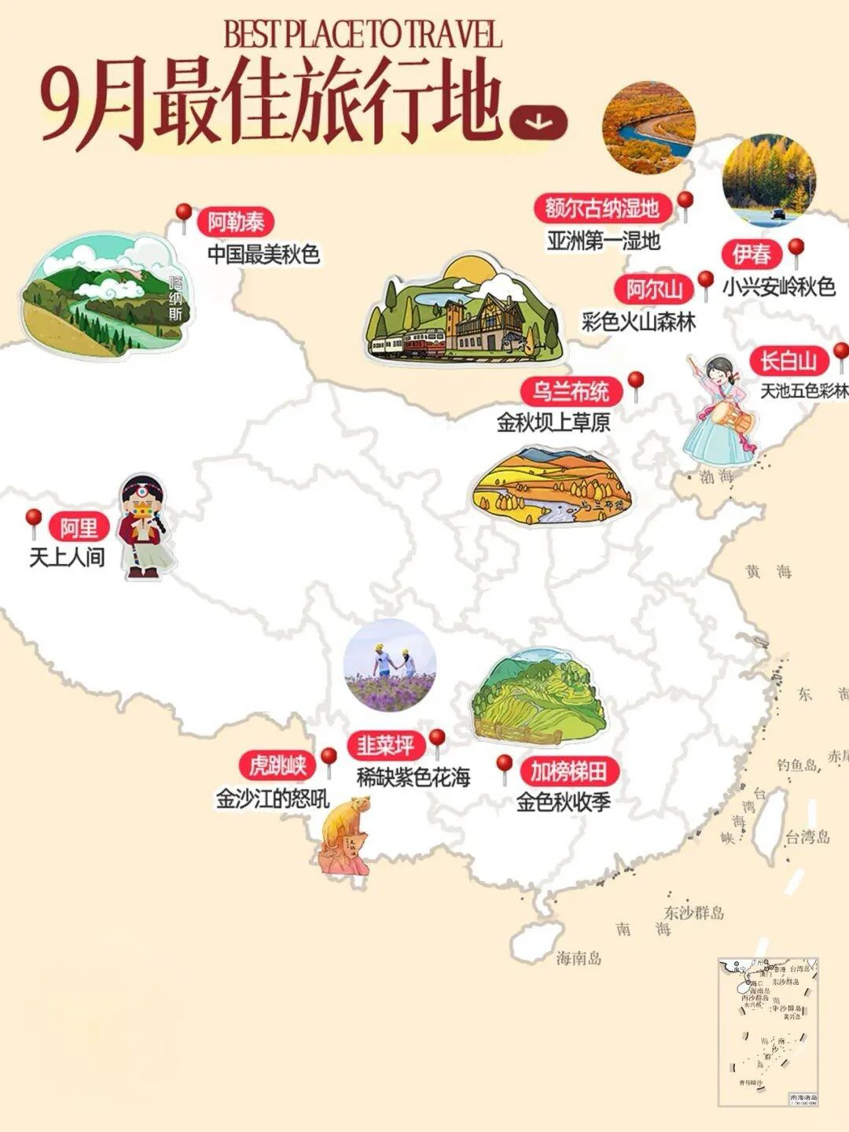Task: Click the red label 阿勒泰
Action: [x=236, y=223]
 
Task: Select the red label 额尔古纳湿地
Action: [x=602, y=208]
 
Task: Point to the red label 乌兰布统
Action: [x=572, y=391]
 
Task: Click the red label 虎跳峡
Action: [x=277, y=765]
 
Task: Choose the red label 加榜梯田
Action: [x=568, y=772]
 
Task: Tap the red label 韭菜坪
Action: [x=385, y=745]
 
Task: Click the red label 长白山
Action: [x=788, y=361]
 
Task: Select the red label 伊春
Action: [x=752, y=254]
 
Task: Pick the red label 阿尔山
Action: [x=654, y=289]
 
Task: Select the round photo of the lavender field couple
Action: [x=390, y=665]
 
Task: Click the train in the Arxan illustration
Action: [x=409, y=344]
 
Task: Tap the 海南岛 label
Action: [x=579, y=957]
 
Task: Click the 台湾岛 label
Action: [x=807, y=837]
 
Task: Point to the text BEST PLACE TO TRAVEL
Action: [x=362, y=35]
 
